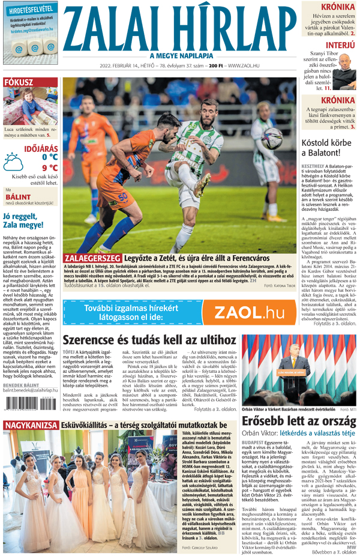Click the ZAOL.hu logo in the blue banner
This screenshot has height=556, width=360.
249,312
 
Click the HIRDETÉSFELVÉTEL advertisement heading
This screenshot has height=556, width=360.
28,10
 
